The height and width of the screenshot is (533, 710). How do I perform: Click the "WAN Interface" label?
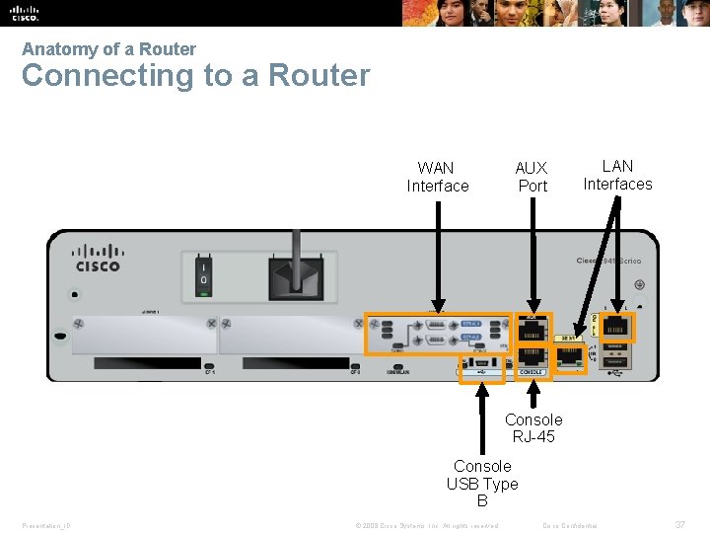coord(438,177)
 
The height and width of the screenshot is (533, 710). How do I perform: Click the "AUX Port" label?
coord(532,177)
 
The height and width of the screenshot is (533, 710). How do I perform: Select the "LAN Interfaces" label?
coord(617,175)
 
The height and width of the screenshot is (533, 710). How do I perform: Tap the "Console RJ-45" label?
coord(533,427)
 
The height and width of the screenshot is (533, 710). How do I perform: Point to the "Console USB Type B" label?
coord(482,483)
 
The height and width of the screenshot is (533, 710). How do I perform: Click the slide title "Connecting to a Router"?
coord(195,76)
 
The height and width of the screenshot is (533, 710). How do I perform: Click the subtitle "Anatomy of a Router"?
coord(108,48)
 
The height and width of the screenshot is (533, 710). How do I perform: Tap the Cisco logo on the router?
coord(99,258)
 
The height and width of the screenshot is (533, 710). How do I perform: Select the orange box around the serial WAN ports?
coord(438,334)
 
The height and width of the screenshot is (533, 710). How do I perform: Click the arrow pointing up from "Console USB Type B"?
coord(482,415)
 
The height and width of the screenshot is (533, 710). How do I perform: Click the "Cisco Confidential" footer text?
coord(577,525)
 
